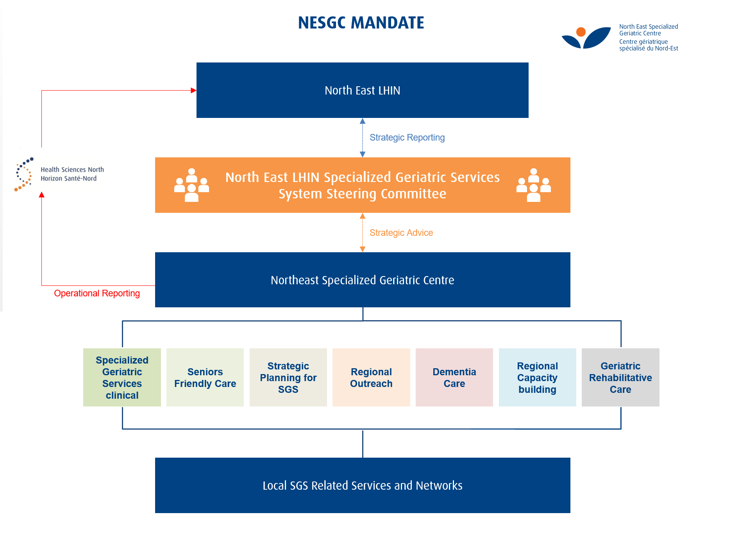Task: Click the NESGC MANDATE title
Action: [361, 23]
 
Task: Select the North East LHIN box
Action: [362, 90]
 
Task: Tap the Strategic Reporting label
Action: [407, 137]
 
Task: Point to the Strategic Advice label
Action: [401, 233]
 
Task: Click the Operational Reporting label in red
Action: [97, 293]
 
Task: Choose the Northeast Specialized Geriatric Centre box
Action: [362, 280]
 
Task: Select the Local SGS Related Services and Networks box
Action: [362, 485]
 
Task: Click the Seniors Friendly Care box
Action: [205, 378]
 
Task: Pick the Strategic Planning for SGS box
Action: [288, 378]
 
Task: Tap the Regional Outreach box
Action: [371, 378]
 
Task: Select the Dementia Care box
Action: [454, 378]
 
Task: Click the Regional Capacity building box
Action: [537, 378]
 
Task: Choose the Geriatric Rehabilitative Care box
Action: [620, 378]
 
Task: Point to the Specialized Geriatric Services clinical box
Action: [122, 378]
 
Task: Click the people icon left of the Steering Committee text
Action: [191, 185]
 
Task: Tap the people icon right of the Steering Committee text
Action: [534, 185]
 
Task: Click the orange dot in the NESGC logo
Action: [581, 32]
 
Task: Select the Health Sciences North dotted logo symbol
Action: [24, 174]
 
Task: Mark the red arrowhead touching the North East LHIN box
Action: [193, 91]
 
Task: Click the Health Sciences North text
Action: [72, 169]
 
